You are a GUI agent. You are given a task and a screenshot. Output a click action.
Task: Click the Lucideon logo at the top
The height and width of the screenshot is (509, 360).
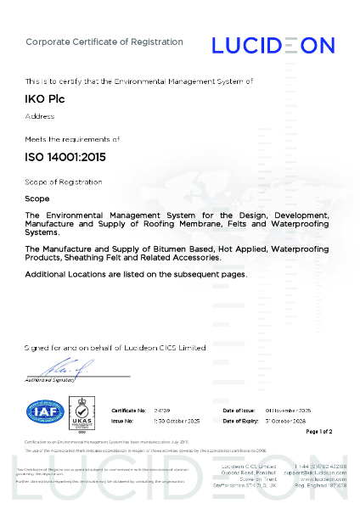coord(273,45)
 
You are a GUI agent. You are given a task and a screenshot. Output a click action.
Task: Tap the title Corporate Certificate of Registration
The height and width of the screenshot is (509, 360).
coord(104,42)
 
